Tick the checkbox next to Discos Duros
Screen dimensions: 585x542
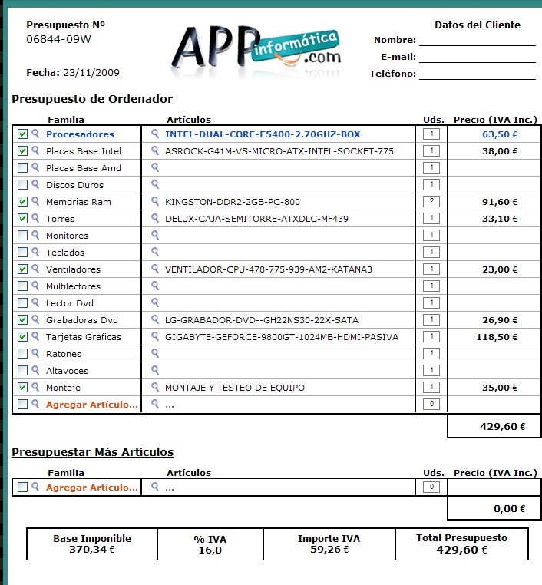pos(22,185)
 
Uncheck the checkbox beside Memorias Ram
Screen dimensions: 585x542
pos(22,202)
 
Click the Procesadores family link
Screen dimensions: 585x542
pos(80,134)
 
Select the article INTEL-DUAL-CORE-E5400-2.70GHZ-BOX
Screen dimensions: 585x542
pos(263,134)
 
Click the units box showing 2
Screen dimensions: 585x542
pos(431,202)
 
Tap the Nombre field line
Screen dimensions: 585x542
pos(477,40)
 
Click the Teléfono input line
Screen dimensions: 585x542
pos(477,74)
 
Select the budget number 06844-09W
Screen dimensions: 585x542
pos(59,39)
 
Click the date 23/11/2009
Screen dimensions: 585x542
pos(91,73)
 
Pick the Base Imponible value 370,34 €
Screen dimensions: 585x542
pos(91,550)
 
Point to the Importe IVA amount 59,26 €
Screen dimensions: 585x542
pos(329,550)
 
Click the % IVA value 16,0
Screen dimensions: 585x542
pos(210,550)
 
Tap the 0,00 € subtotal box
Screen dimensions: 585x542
pos(494,508)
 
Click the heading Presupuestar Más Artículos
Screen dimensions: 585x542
pos(92,452)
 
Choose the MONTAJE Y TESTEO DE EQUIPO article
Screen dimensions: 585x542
pos(235,388)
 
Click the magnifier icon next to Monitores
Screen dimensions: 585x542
pos(35,236)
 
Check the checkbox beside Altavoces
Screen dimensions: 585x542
pos(22,371)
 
